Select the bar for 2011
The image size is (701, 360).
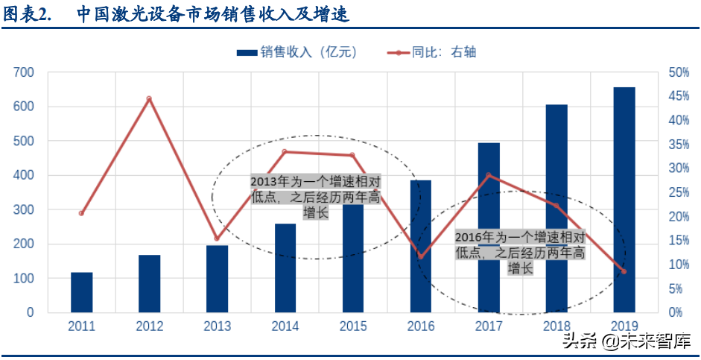click(x=82, y=292)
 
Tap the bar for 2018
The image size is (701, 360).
click(x=556, y=208)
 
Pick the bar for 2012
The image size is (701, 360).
click(x=149, y=283)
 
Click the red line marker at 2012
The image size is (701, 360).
click(x=149, y=98)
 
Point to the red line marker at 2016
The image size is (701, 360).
click(x=421, y=256)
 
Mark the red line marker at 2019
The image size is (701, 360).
click(x=624, y=271)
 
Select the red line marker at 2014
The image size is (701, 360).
click(x=285, y=152)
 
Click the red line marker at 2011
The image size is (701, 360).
click(x=81, y=213)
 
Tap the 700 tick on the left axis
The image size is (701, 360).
click(x=24, y=72)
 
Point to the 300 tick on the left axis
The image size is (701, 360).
click(x=24, y=209)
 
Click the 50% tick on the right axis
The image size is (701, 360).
click(x=679, y=72)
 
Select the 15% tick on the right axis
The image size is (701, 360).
click(x=679, y=241)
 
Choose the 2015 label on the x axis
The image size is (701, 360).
click(x=353, y=326)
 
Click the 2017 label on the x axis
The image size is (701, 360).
click(x=489, y=326)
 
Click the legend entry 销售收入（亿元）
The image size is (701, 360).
click(x=298, y=52)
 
